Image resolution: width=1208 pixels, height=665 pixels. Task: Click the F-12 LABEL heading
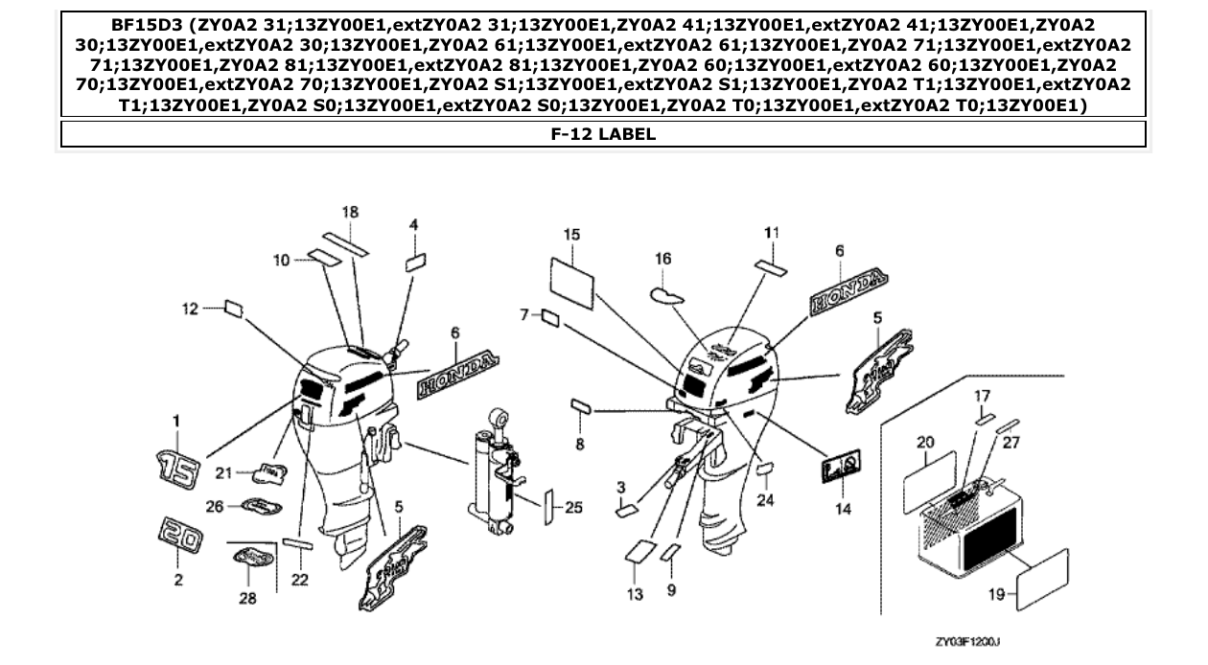pos(603,134)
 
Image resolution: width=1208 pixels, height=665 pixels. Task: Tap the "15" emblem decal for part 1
pos(179,469)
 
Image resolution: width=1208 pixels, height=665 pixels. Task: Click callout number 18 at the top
pos(350,212)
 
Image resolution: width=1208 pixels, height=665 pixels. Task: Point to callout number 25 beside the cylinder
pos(573,508)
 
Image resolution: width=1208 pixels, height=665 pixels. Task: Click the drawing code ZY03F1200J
pos(968,641)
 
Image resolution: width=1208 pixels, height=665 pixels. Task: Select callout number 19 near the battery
pos(996,595)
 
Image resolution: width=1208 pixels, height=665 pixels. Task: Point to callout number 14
pos(842,509)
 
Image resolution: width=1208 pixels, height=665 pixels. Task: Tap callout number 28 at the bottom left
pos(248,601)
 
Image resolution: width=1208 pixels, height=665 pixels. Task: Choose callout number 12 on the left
pos(190,308)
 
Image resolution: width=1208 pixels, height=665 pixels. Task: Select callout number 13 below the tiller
pos(636,595)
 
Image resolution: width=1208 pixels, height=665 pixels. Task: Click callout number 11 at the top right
pos(772,232)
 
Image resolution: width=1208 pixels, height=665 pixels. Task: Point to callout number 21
pos(223,471)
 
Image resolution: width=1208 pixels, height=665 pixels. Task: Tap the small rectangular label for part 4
pos(415,262)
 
